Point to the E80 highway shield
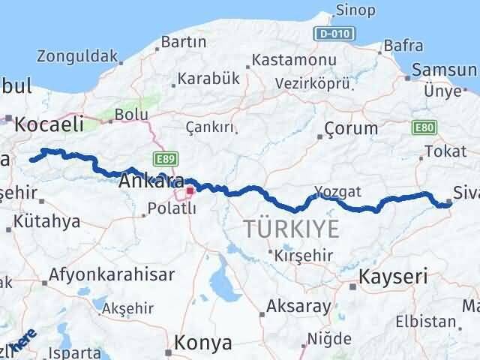[423, 128]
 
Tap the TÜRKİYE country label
[291, 229]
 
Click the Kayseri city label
[394, 276]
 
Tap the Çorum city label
[351, 129]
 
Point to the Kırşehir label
[303, 255]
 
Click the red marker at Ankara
[190, 191]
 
